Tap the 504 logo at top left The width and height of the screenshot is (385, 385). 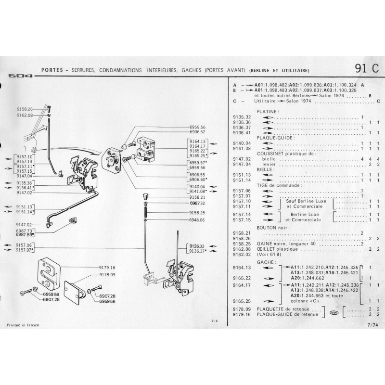pos(19,76)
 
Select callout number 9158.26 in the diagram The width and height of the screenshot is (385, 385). pos(24,109)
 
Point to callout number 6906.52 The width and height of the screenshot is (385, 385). pos(197,131)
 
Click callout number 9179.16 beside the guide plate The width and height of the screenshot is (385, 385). pos(107,267)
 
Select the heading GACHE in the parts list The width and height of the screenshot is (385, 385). pos(253,262)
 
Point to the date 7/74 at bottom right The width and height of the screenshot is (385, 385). pos(372,325)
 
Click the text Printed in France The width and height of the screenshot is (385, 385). pos(23,325)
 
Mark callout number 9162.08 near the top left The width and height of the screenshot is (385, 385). pos(24,115)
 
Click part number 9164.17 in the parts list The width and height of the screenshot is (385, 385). pos(241,285)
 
